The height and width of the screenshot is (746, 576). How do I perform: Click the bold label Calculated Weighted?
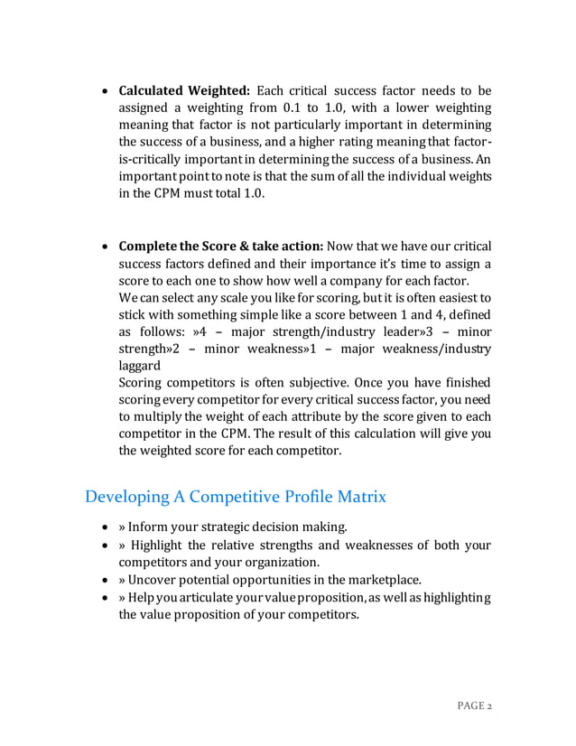coord(184,90)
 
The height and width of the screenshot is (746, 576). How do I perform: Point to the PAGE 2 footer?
coord(472,705)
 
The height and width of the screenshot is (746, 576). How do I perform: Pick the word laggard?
coord(142,366)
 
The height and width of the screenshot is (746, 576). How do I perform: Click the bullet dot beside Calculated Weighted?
coord(104,91)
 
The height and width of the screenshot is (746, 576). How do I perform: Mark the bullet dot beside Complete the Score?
coord(104,247)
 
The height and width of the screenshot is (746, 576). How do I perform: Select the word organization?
coord(258,562)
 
